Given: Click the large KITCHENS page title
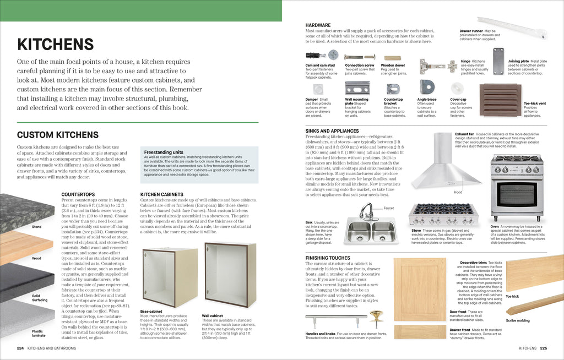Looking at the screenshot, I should pyautogui.click(x=55, y=44).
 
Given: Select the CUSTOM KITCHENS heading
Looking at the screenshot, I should pyautogui.click(x=58, y=135).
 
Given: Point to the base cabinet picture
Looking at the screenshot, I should pyautogui.click(x=170, y=276).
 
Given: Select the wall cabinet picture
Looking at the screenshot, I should pyautogui.click(x=230, y=274).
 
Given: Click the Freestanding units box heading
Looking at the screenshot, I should pyautogui.click(x=164, y=152).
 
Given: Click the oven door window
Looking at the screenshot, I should pyautogui.click(x=517, y=194).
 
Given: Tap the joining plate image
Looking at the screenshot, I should pyautogui.click(x=498, y=61).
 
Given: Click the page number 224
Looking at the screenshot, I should pyautogui.click(x=20, y=348).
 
